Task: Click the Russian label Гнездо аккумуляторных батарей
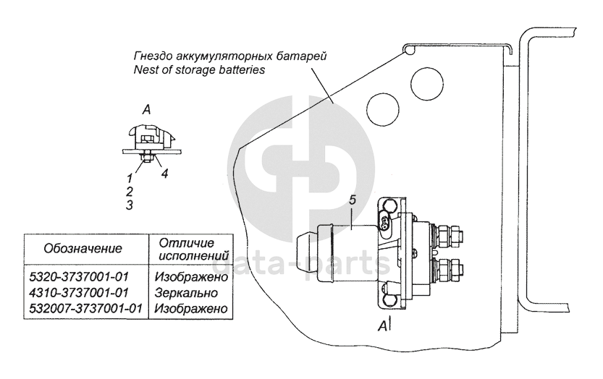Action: coord(231,56)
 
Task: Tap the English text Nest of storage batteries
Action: coord(201,70)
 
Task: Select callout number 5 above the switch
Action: coord(353,200)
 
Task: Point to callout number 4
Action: coord(164,174)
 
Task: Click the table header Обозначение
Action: coord(83,248)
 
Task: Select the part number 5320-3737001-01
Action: coord(85,278)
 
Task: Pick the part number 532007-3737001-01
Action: coord(85,308)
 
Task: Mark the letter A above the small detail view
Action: coord(146,110)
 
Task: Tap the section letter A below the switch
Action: coord(381,325)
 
